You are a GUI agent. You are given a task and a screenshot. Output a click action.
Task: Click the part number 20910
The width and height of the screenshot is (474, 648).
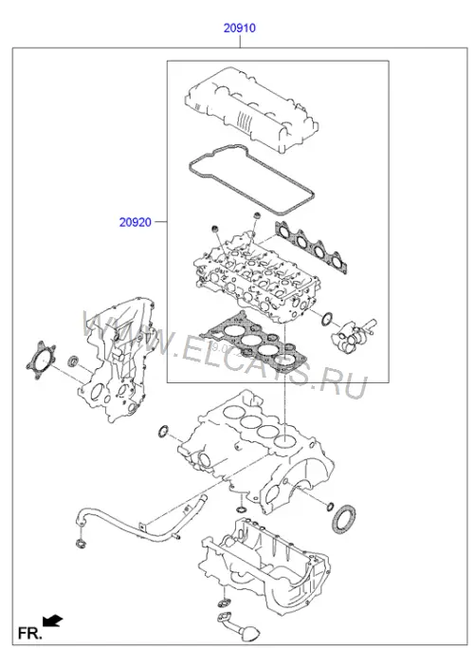(240, 28)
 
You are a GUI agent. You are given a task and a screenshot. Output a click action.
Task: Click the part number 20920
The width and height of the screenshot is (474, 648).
(136, 222)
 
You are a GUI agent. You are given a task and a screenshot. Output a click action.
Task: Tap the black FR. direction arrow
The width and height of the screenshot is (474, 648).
(52, 620)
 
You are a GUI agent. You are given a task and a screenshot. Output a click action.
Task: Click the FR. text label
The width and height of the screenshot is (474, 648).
(29, 633)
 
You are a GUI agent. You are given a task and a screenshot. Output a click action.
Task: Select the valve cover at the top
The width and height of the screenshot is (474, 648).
(252, 109)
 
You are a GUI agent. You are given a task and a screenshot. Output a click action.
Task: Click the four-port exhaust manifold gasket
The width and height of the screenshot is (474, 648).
(311, 248)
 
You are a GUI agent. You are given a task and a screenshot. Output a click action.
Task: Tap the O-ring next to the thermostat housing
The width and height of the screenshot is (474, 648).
(327, 319)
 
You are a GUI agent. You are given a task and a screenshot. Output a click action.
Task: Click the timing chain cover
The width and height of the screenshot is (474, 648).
(117, 361)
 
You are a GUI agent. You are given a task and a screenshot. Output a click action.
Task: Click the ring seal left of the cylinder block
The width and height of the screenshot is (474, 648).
(163, 431)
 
